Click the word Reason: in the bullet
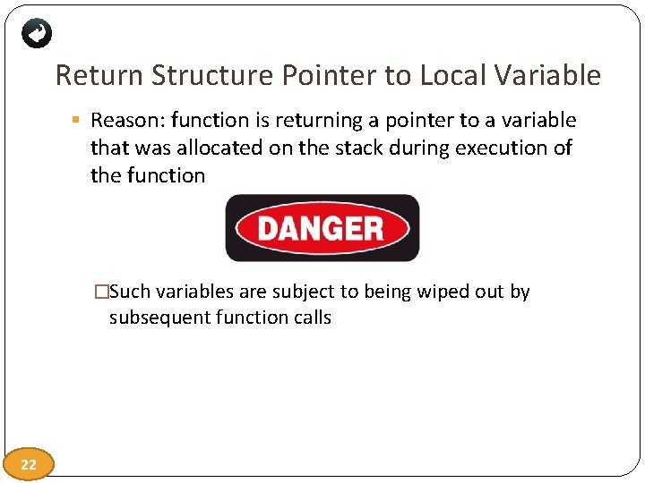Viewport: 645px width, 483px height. click(126, 121)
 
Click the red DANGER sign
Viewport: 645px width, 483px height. click(322, 228)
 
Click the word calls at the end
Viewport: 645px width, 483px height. click(310, 318)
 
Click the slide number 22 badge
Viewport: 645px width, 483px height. click(29, 464)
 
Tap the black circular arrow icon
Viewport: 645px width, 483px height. click(37, 34)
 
